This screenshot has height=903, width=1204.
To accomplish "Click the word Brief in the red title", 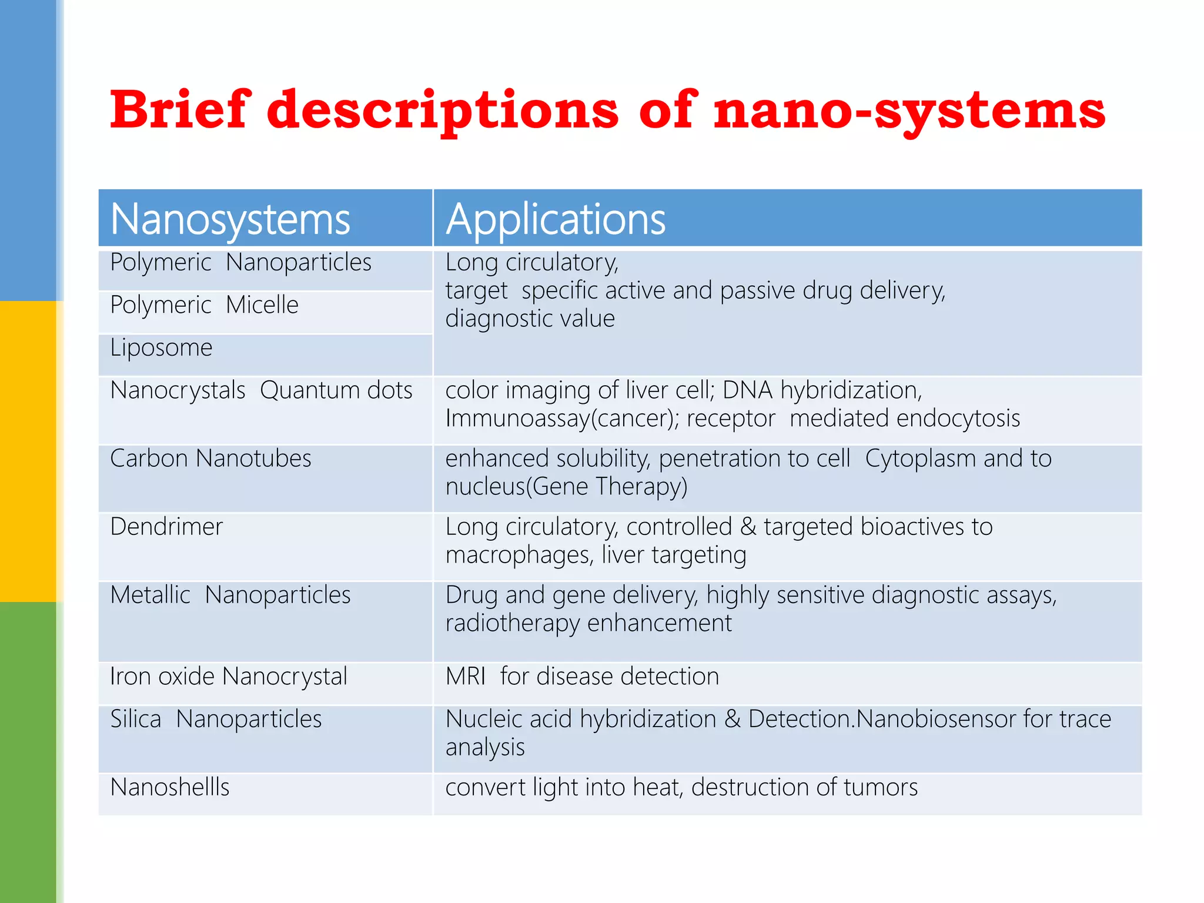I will (x=180, y=110).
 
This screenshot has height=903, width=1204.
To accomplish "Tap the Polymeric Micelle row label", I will (x=204, y=305).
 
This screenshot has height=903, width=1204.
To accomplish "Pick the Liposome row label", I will (x=161, y=348).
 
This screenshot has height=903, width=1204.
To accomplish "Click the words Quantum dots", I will (x=336, y=390).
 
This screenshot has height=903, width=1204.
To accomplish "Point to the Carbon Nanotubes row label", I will (x=210, y=459).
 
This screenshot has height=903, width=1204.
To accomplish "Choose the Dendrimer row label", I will (x=166, y=527).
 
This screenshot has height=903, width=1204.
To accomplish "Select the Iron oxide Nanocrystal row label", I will (x=229, y=677).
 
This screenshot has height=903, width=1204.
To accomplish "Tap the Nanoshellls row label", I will (x=170, y=787).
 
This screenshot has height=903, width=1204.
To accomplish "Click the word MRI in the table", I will (x=465, y=677).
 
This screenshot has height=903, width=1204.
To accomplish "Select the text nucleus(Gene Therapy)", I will (x=566, y=487).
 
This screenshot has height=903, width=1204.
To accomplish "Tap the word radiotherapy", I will (x=512, y=623).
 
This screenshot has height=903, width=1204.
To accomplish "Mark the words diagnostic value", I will (x=530, y=319).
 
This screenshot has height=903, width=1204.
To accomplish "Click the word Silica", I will (x=136, y=720).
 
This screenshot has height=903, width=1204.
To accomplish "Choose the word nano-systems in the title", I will (x=909, y=110).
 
